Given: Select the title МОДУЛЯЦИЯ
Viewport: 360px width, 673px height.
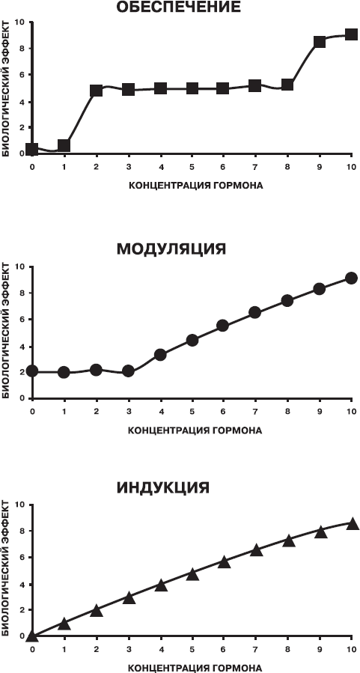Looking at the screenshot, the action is pos(171,249).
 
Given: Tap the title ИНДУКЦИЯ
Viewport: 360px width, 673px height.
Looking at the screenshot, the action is pos(163,487).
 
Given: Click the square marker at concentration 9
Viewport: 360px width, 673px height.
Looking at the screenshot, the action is pos(320,42).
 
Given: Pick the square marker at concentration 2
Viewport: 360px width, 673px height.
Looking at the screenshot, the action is pos(96,91).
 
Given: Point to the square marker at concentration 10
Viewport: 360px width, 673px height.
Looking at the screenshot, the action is pos(352,34).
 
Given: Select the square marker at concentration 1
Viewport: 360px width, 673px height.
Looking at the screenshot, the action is pos(64,145).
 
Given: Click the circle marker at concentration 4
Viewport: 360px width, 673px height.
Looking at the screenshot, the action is pos(160,355).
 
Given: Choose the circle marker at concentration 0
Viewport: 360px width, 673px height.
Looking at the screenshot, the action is pos(32,371).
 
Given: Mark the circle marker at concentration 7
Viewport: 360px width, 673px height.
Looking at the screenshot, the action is pos(255,312).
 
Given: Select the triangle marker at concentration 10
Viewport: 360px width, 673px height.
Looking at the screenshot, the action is pos(353,523).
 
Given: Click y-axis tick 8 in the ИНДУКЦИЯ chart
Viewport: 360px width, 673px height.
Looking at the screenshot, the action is pos(22,531).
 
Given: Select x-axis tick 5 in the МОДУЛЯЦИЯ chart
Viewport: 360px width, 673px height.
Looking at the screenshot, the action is pos(192,412).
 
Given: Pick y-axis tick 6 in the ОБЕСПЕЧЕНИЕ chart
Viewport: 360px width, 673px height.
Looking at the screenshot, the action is pos(22,75).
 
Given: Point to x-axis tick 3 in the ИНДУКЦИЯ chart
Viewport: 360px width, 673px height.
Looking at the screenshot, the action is pos(128,649).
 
